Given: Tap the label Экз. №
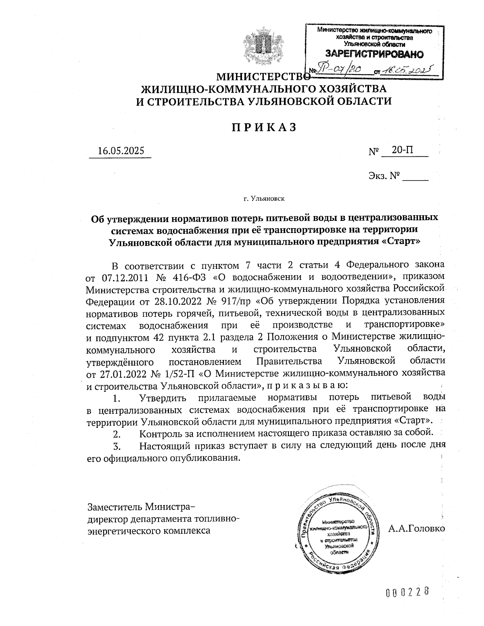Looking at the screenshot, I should [x=383, y=176].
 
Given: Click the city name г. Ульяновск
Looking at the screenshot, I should [x=264, y=198].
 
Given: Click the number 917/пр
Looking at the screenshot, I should [x=237, y=301].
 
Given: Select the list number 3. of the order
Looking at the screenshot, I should [x=117, y=446].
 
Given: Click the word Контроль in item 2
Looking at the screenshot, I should [x=159, y=434].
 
